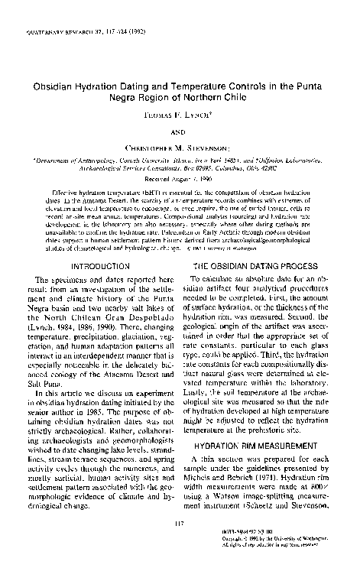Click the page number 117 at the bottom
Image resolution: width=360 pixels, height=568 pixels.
click(179, 523)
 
